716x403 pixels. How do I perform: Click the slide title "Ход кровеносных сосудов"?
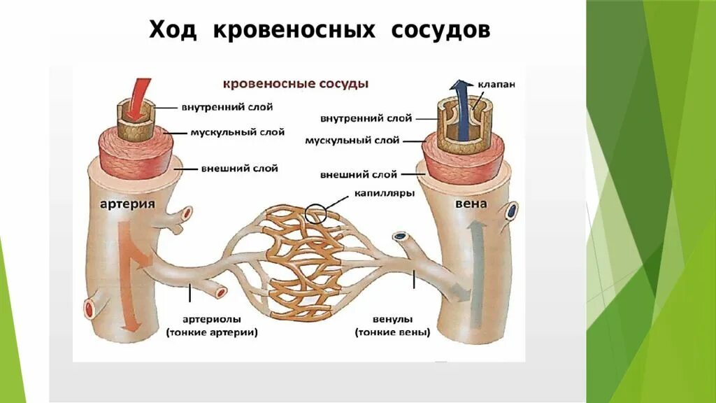[x=319, y=31]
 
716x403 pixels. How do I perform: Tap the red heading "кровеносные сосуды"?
[x=295, y=83]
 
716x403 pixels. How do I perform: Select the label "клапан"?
[x=497, y=83]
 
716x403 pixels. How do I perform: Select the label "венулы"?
[x=392, y=319]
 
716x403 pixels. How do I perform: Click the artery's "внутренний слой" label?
[x=227, y=107]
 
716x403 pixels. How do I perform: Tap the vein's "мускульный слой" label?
[x=352, y=141]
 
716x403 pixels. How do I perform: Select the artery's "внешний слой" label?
[x=239, y=168]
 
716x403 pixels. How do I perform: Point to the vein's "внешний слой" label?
[x=359, y=174]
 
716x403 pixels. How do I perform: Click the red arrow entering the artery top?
[x=143, y=92]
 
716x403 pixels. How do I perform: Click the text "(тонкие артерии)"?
[x=212, y=333]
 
